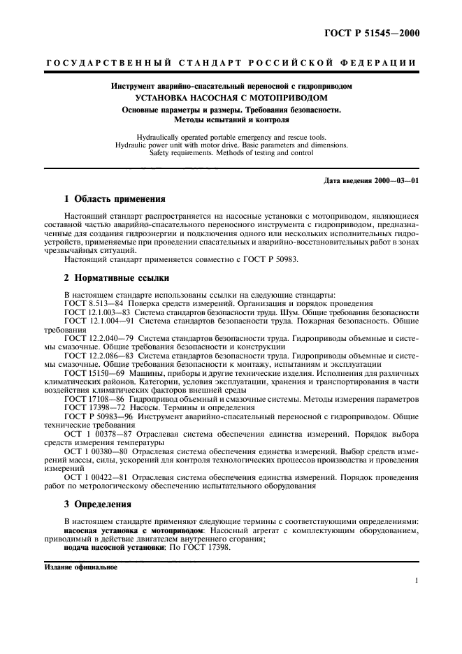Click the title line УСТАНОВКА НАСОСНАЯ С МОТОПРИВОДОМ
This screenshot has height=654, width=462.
tap(231, 98)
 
